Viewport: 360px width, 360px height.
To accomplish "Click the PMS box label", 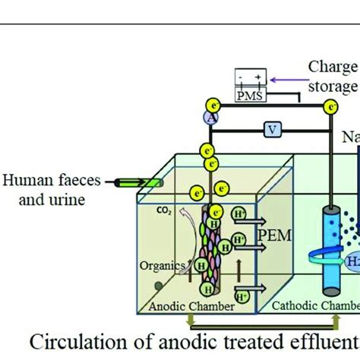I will [248, 96].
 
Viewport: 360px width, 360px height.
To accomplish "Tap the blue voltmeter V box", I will [271, 130].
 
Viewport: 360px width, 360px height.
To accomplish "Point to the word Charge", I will [333, 68].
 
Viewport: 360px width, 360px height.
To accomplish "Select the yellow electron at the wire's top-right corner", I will [331, 108].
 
